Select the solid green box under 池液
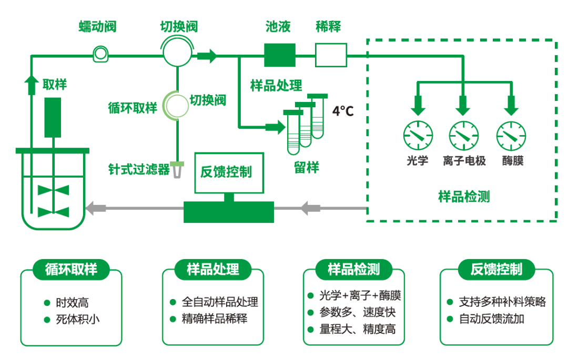pos(279,55)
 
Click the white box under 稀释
pos(331,54)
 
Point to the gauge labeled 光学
pos(418,135)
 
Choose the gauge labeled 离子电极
pos(463,135)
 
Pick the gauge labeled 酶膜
pos(511,135)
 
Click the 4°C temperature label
pos(343,111)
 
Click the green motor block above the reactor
pos(53,116)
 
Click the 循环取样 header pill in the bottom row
pos(72,270)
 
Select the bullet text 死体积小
pos(77,319)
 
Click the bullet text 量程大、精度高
pos(357,330)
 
